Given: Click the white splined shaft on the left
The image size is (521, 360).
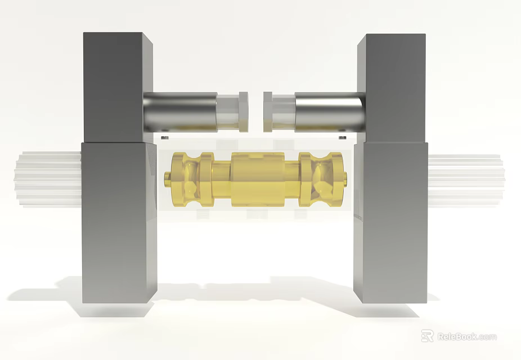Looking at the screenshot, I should [48, 179].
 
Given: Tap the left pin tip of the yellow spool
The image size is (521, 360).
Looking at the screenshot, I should [167, 179].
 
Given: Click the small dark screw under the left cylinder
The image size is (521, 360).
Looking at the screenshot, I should [164, 137].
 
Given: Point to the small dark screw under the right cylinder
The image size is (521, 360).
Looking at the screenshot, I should [342, 136].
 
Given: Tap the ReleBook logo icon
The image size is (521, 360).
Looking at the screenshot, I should [428, 336].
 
